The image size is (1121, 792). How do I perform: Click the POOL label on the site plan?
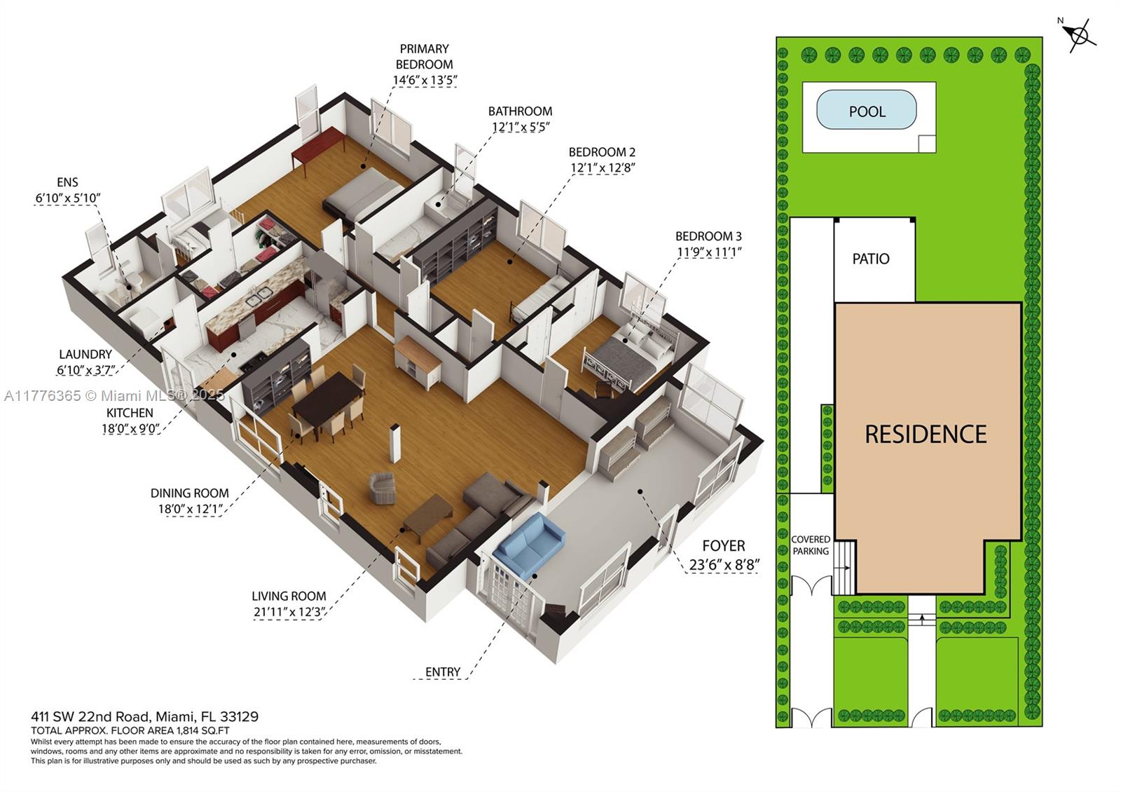867,111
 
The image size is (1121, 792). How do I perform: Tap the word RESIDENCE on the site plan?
926,435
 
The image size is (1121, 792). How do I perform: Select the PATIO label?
871,259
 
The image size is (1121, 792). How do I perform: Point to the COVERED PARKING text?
811,545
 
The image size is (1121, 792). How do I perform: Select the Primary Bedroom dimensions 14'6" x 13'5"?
425,80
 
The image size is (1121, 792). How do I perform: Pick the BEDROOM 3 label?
708,236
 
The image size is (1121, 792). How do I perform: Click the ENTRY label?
443,671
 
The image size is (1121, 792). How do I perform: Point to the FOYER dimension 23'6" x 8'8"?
724,565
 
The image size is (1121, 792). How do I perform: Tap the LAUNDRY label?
85,354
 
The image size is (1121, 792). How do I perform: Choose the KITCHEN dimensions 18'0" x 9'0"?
131,428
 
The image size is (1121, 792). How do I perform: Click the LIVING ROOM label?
289,596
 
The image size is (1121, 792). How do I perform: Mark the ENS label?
67,182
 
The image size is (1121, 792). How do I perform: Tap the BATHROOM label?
520,111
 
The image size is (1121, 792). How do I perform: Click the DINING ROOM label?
189,493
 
